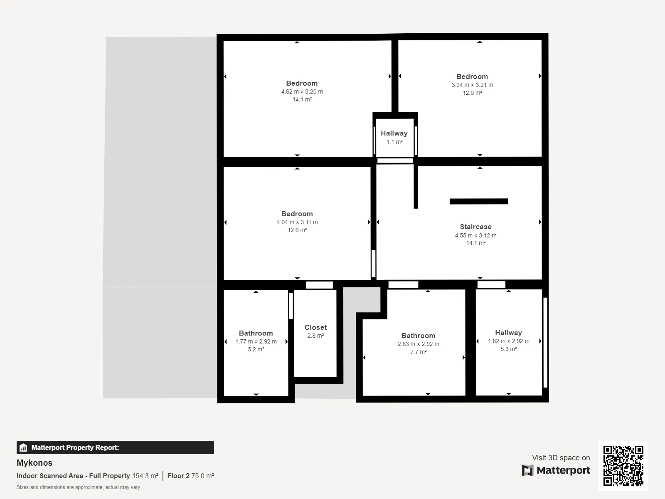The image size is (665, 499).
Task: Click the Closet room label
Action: [315, 327]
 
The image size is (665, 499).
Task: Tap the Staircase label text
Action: [475, 227]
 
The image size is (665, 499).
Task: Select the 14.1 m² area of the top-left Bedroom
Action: [302, 99]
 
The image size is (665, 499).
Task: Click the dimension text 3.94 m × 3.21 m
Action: [472, 85]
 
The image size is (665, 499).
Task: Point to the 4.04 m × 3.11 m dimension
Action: [297, 222]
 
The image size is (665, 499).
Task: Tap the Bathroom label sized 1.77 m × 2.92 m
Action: [256, 333]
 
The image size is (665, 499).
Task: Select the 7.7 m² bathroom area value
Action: [419, 352]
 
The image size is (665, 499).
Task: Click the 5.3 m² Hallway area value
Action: [508, 349]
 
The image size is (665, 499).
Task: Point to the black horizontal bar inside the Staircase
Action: [478, 202]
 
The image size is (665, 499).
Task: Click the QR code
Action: [623, 466]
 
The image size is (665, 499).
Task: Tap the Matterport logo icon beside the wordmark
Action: [527, 470]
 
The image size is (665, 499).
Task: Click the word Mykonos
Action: [34, 463]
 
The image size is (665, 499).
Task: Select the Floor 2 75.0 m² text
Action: [190, 476]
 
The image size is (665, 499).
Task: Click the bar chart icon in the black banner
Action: [23, 447]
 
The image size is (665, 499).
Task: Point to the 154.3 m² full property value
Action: [145, 476]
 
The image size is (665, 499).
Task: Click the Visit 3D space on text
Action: [561, 457]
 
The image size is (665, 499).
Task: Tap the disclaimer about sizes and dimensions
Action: [78, 487]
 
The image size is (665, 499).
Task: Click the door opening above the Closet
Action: [319, 285]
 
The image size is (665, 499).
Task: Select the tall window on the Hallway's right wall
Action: [545, 342]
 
